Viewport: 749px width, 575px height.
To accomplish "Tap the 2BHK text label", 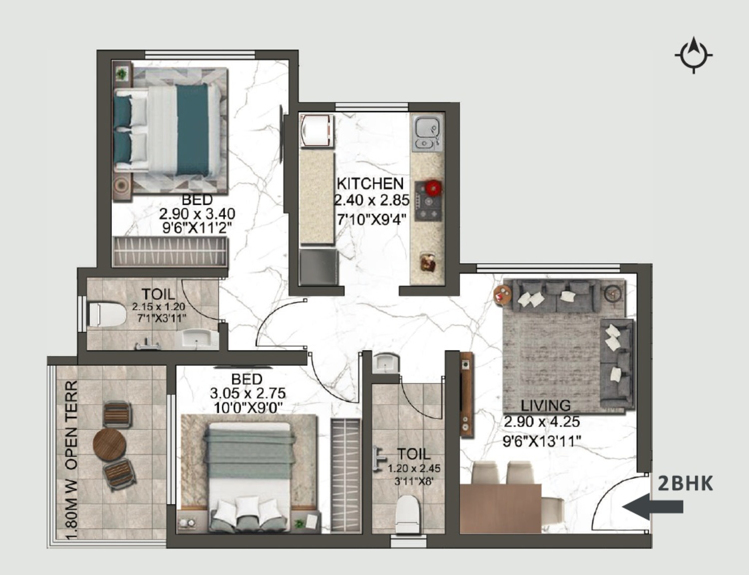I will [x=685, y=484].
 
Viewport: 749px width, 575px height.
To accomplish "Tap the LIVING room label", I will [x=546, y=406].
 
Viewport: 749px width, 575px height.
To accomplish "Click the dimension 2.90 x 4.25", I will [x=542, y=422].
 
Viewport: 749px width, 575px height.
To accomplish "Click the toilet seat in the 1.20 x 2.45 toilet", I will [x=407, y=513].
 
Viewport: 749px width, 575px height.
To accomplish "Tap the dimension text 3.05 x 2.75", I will [x=247, y=394].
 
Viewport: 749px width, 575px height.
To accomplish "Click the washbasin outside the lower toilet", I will [x=386, y=364].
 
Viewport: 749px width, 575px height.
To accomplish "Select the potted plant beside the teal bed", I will [x=122, y=73].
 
